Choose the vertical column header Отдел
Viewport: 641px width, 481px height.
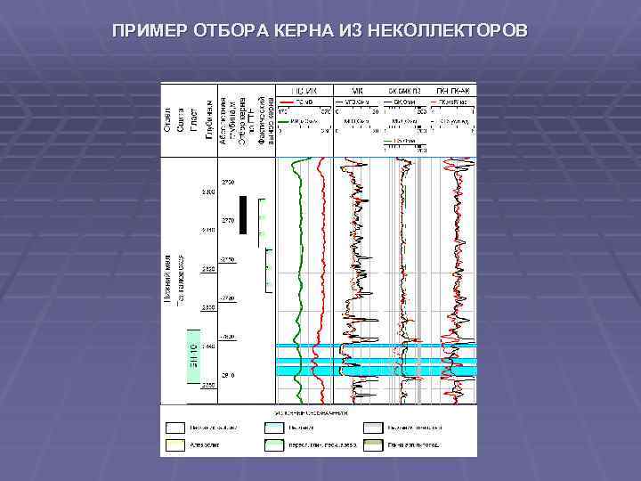point(167,122)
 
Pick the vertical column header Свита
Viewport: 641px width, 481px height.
point(181,123)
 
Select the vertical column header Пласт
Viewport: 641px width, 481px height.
point(193,123)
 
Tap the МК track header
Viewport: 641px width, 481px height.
point(359,90)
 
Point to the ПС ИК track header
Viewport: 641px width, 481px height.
point(304,90)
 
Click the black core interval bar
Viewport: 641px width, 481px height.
point(245,214)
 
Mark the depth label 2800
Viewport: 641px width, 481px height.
point(208,192)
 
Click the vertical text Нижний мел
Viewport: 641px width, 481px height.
point(168,277)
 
